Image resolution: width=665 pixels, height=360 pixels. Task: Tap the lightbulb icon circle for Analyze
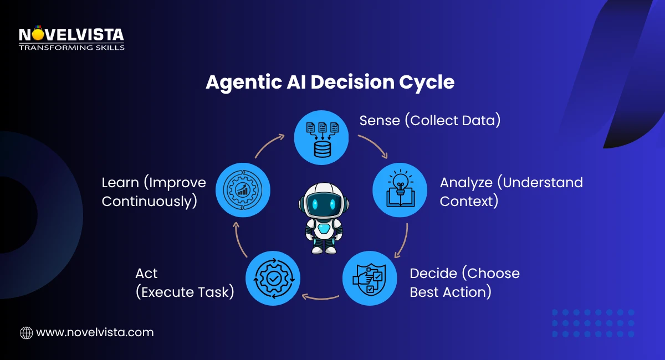click(400, 189)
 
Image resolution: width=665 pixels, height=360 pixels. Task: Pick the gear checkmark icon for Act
click(273, 278)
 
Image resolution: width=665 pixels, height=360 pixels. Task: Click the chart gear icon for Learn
click(242, 189)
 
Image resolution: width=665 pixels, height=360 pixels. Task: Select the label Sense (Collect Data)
click(429, 120)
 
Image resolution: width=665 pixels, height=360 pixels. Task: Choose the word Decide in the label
click(436, 273)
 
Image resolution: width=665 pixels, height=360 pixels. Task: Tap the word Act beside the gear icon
click(146, 273)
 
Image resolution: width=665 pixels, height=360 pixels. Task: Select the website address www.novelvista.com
click(95, 332)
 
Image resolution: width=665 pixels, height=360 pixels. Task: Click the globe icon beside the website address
click(26, 332)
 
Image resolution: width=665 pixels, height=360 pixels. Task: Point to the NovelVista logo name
click(71, 35)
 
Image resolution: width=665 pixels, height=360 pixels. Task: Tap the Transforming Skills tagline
click(71, 48)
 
